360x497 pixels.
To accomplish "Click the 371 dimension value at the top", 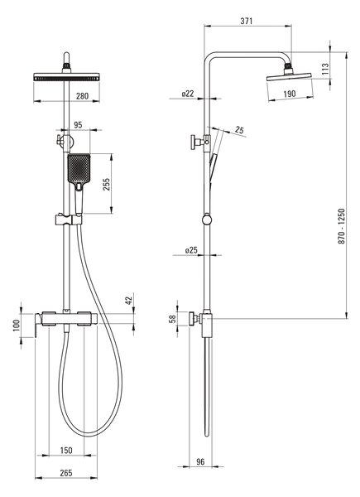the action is (x=247, y=21).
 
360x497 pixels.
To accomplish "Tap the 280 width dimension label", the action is (x=82, y=96).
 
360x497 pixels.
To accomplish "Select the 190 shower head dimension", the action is (x=290, y=94).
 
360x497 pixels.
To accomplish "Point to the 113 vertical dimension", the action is (x=325, y=69).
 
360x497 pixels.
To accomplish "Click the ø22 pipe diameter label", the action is (x=188, y=94).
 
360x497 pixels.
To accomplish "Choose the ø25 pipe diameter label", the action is (x=191, y=250).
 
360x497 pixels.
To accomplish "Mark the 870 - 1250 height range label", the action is (x=342, y=226).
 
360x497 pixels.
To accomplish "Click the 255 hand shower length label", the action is (x=107, y=184).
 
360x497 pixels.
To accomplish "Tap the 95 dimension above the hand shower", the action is (x=78, y=125).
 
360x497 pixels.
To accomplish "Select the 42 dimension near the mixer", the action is (x=128, y=301).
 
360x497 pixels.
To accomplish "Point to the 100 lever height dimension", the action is (x=17, y=326).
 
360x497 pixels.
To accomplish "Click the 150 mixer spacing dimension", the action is (x=66, y=450).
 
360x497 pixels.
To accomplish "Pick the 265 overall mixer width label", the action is (x=66, y=473).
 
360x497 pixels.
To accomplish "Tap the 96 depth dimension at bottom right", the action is (x=200, y=462).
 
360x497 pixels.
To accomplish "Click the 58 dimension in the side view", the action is (x=173, y=319).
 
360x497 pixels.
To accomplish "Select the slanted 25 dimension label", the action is (x=239, y=130).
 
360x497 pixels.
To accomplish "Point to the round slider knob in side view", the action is (x=206, y=220).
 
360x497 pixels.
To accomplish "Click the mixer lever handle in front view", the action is (x=37, y=326).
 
